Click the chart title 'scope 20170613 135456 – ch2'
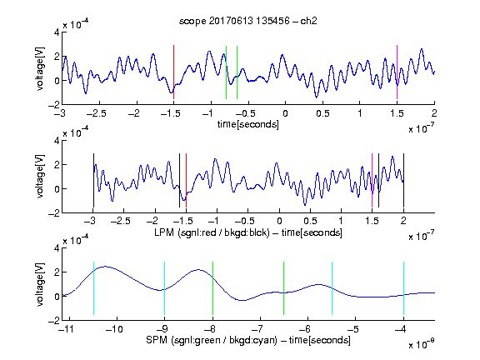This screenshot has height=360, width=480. tap(248, 21)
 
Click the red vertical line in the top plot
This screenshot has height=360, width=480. tap(173, 72)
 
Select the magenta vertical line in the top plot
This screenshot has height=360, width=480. tap(397, 72)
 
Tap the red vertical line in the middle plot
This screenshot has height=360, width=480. tap(186, 180)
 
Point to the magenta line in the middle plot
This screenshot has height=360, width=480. tap(372, 180)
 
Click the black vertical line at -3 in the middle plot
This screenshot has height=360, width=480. tap(93, 180)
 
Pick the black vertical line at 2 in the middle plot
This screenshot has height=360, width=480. tap(403, 180)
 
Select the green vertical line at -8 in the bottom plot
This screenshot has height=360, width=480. tap(212, 288)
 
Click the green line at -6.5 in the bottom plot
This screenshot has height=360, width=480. tap(284, 288)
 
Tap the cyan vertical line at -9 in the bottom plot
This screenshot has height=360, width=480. tap(165, 288)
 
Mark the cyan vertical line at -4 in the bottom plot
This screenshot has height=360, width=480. tap(403, 288)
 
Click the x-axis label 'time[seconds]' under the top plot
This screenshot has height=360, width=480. tap(248, 124)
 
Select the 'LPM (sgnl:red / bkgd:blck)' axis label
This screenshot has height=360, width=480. tap(212, 232)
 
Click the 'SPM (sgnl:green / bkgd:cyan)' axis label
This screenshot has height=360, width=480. tap(212, 340)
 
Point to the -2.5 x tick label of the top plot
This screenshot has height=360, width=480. tap(97, 113)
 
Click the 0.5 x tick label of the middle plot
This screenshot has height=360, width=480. tap(310, 221)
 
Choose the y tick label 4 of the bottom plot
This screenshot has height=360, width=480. tap(57, 248)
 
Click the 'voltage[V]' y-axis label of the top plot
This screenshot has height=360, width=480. tap(40, 68)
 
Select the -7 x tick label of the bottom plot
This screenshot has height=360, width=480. tap(257, 329)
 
